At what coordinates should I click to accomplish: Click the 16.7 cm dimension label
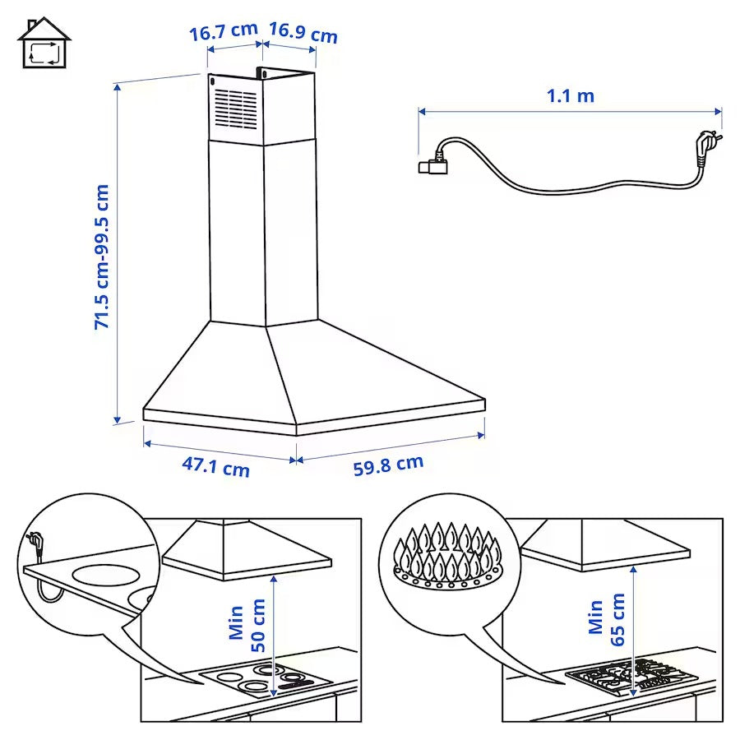pos(224,33)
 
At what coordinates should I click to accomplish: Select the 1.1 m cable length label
pos(571,95)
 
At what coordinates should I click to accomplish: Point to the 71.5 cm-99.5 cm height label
pos(102,257)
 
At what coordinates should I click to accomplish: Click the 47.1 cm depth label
pos(215,467)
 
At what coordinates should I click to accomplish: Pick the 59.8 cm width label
pos(388,465)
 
